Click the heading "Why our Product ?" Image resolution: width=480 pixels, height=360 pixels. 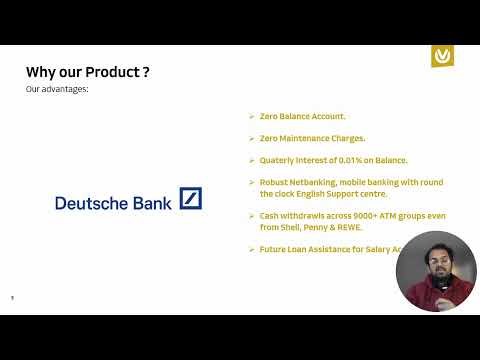[x=88, y=72]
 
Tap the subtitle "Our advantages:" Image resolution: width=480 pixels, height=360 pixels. [x=56, y=90]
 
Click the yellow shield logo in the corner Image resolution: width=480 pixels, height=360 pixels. [x=442, y=56]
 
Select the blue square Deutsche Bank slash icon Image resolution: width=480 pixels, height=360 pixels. [x=190, y=198]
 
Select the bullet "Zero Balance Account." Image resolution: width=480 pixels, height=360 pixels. [x=302, y=116]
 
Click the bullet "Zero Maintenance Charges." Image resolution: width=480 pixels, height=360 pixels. [x=312, y=138]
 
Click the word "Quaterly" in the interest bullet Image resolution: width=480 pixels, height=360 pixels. [x=276, y=160]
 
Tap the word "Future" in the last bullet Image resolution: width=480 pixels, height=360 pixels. [x=272, y=249]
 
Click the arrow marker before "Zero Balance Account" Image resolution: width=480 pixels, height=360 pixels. [x=251, y=116]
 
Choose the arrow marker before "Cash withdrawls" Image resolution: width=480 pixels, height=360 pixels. [x=251, y=216]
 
